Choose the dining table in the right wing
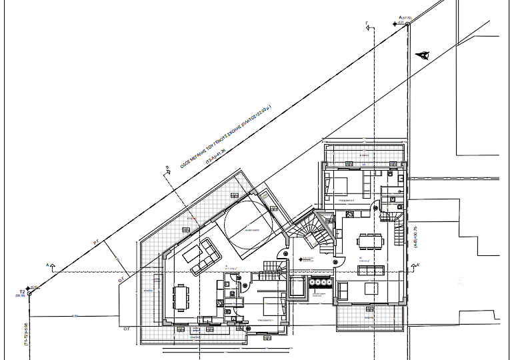click(369, 240)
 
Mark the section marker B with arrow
click(167, 171)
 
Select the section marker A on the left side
click(50, 265)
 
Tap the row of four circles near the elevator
click(322, 283)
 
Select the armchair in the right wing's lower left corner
click(342, 291)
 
